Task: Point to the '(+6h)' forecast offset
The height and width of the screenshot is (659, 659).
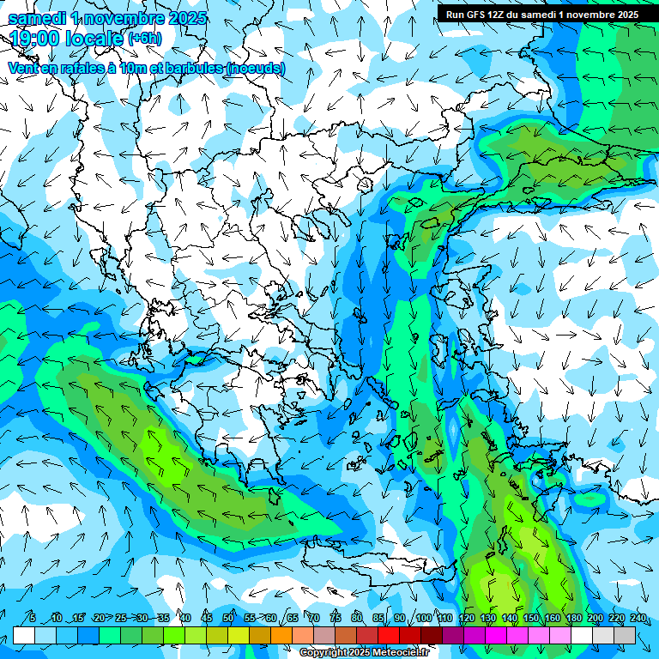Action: coord(144,39)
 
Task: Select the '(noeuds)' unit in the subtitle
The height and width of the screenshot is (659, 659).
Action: coord(257,68)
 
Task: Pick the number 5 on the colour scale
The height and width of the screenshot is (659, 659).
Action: coord(33,619)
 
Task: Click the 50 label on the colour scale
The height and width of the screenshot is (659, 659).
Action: coord(228,619)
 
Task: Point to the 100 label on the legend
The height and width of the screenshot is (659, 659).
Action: coord(423,619)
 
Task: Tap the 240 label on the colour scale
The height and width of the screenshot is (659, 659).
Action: coord(638,619)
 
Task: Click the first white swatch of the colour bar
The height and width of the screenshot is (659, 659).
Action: coord(24,635)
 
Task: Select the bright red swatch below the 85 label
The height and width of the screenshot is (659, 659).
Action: coord(389,635)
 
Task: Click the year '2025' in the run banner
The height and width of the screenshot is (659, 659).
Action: coord(623,15)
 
